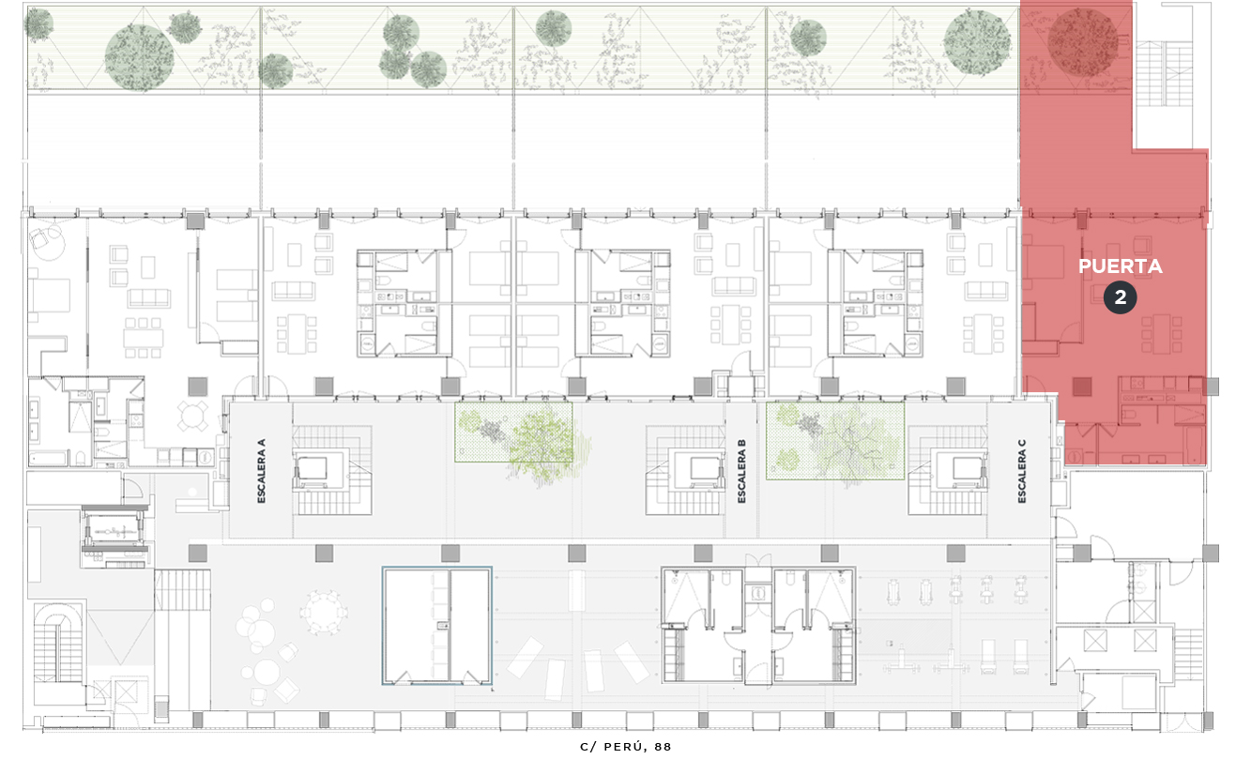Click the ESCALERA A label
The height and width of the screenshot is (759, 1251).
[x=262, y=471]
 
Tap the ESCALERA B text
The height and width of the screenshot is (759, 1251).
[x=741, y=471]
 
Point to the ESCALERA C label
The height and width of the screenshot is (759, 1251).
[x=1022, y=471]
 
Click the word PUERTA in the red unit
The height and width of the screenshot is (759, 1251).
[x=1121, y=266]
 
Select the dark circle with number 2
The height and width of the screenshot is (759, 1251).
[x=1121, y=297]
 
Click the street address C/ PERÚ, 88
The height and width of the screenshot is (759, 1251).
[x=625, y=747]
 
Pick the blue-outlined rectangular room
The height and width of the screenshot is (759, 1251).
[x=436, y=626]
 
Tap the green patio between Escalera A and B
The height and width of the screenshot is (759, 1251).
[x=513, y=433]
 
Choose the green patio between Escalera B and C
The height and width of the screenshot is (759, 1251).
[x=835, y=441]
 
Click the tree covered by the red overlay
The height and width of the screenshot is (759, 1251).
[x=1083, y=42]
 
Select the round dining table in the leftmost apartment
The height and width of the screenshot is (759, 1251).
[x=192, y=416]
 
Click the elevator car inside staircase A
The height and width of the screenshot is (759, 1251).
[x=313, y=468]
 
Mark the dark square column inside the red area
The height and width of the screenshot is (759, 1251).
[x=1082, y=387]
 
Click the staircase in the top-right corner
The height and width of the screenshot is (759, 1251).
[x=1165, y=73]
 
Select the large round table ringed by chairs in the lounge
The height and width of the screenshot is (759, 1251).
[x=324, y=612]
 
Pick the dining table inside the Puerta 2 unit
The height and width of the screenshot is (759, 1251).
[x=1162, y=334]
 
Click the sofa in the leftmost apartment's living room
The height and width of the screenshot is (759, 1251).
[x=148, y=298]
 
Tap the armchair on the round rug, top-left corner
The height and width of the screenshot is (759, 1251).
[x=39, y=239]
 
